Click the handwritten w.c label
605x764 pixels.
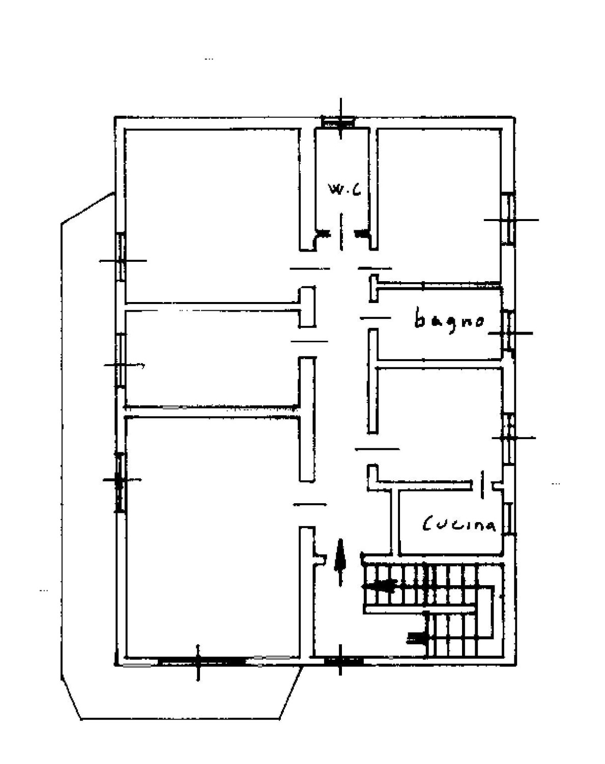coord(344,189)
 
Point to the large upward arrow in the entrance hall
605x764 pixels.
coord(340,562)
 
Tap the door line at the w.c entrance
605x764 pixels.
coord(341,231)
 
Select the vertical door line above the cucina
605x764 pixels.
coord(482,484)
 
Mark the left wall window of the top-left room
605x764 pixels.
coord(121,257)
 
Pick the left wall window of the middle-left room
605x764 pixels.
coord(121,360)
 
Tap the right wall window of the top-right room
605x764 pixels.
coord(508,218)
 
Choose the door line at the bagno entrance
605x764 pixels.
coord(376,318)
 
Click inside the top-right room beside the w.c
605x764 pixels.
coord(439,206)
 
